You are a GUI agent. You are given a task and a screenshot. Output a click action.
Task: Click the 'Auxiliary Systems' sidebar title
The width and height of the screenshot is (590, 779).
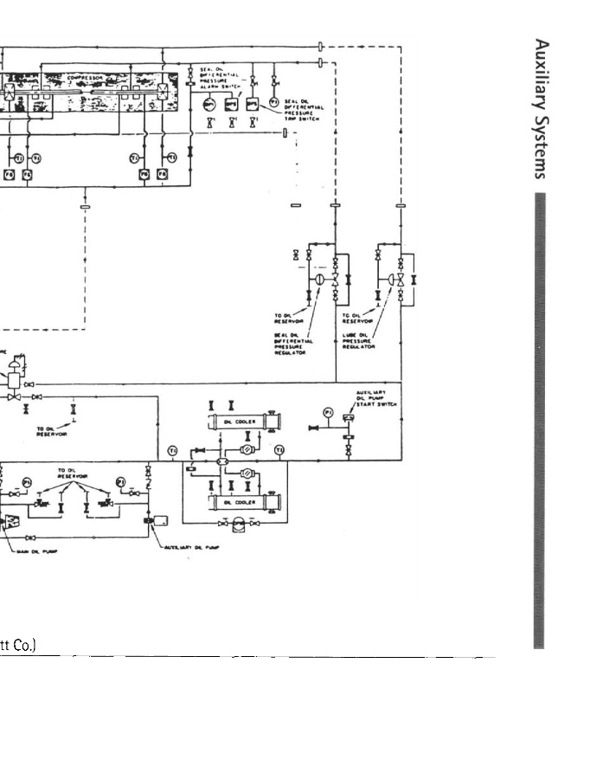(542, 107)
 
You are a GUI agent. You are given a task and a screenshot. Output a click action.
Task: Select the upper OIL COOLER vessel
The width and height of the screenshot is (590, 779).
(240, 422)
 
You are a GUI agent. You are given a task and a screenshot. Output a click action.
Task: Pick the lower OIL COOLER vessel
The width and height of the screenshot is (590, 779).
(240, 502)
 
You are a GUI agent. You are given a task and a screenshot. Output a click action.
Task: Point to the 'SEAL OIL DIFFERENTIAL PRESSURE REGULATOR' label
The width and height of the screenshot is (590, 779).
(292, 341)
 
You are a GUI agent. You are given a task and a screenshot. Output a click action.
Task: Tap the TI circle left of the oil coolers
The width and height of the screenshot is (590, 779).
(172, 451)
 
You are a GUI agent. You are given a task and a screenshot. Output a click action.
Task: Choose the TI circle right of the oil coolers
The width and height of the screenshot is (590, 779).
(279, 450)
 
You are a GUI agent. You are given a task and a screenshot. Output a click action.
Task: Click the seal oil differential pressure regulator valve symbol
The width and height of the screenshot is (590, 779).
(317, 280)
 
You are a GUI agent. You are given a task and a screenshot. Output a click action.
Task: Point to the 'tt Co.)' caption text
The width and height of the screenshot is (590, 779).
(17, 647)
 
